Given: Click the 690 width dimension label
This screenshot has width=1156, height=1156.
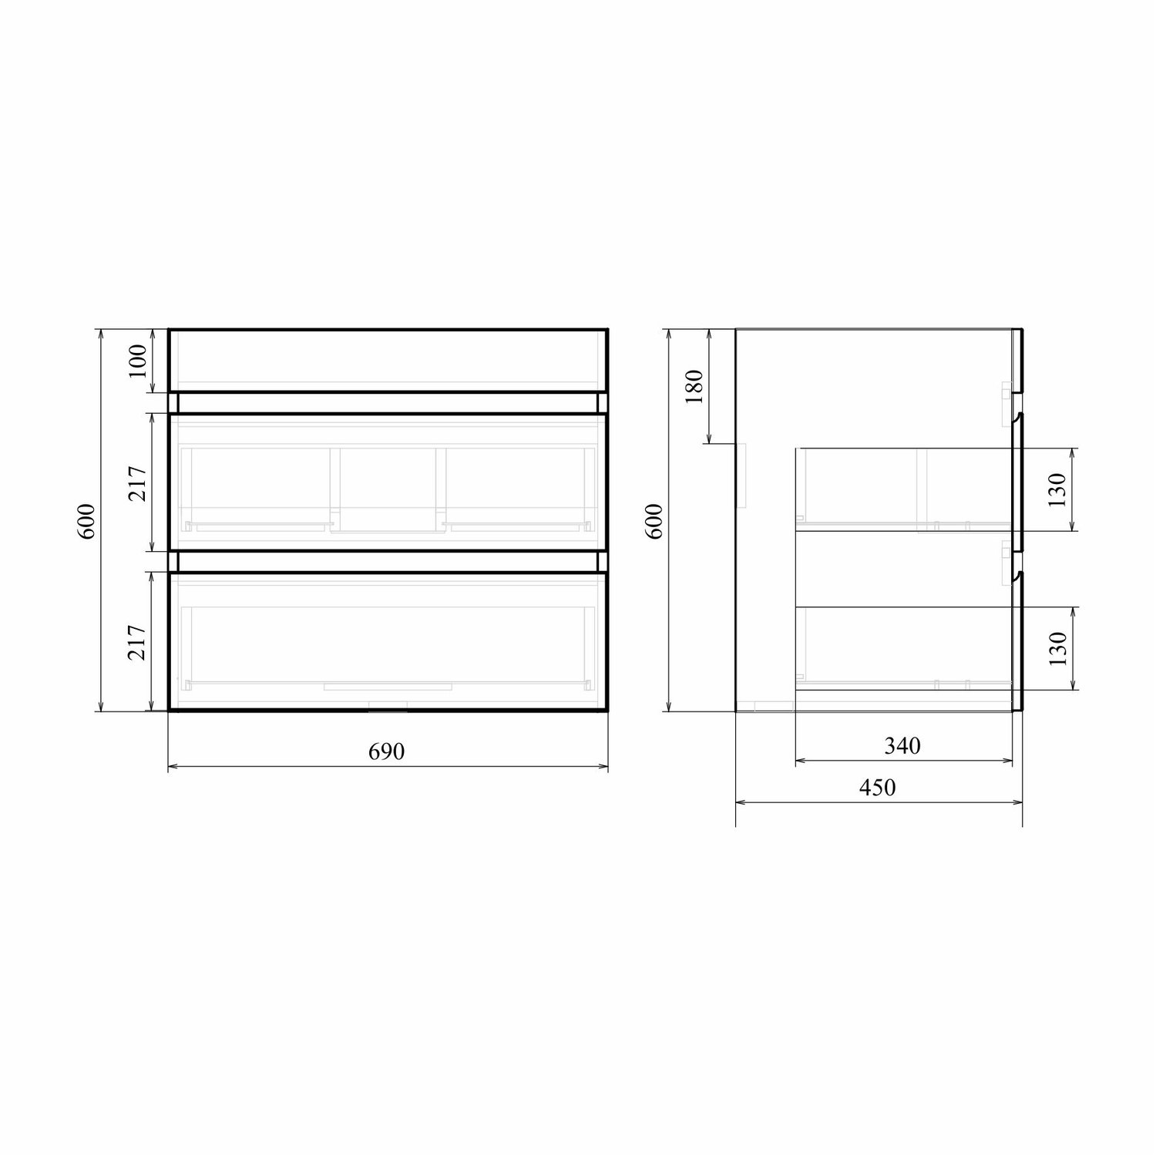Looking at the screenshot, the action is (x=387, y=751).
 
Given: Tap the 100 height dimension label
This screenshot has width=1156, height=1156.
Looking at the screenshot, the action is (x=137, y=361).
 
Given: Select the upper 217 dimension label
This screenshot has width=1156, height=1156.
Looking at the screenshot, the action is (x=137, y=484).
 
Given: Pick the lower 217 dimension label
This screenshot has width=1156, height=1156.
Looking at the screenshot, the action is (x=137, y=641).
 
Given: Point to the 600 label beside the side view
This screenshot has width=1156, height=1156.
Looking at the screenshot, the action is (x=654, y=521).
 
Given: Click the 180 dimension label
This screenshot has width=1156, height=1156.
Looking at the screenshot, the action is (x=694, y=387).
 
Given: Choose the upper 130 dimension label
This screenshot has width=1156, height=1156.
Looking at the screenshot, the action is (x=1057, y=490).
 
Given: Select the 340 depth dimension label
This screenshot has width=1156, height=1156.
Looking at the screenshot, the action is (x=902, y=746).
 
